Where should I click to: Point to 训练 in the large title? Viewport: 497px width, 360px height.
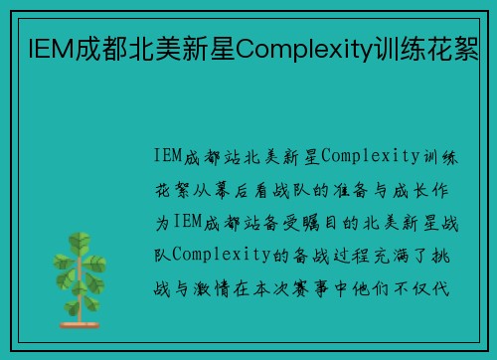pyautogui.click(x=395, y=45)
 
